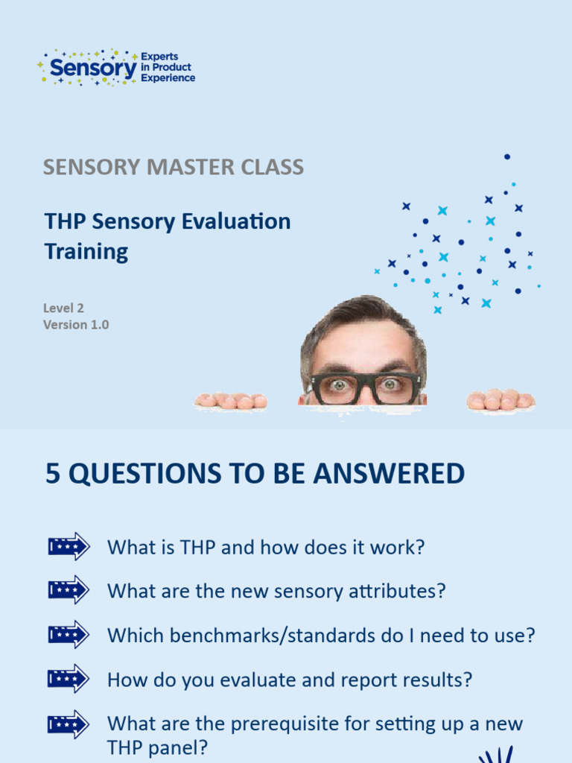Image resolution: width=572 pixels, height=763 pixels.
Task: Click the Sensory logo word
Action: [93, 69]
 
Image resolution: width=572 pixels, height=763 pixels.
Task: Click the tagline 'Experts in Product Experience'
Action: [168, 67]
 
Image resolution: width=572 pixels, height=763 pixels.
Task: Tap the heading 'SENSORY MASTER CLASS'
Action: [173, 167]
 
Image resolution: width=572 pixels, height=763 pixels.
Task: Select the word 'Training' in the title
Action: [86, 251]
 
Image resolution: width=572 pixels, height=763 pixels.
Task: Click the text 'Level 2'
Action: [63, 307]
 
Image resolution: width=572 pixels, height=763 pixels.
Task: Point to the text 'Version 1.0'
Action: [76, 325]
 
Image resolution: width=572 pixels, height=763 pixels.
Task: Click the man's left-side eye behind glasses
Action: [339, 385]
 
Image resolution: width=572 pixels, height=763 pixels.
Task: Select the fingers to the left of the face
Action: [231, 401]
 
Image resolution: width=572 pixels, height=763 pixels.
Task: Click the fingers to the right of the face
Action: [500, 400]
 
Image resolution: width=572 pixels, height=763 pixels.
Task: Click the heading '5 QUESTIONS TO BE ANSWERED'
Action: [255, 474]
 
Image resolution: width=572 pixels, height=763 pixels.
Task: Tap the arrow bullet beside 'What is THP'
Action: [69, 547]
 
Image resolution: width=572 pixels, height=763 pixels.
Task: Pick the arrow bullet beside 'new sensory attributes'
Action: [69, 590]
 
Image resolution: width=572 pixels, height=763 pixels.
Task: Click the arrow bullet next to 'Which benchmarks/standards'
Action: [69, 635]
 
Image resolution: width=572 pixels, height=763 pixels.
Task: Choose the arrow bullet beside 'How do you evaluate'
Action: [69, 679]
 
